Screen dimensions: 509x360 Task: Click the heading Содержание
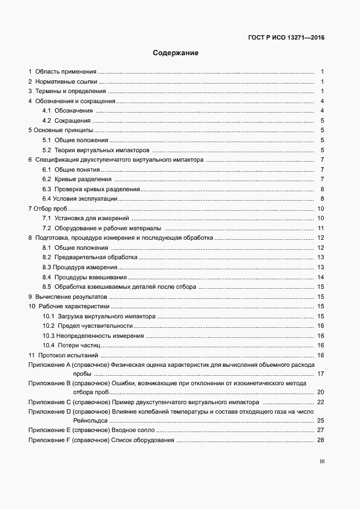point(176,54)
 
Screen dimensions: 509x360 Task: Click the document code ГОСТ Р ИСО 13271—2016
point(286,38)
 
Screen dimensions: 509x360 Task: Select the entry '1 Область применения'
point(63,71)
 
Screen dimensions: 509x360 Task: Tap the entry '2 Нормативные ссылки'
point(62,81)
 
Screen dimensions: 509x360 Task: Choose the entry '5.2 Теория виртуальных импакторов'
point(96,150)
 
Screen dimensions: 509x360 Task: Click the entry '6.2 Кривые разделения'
point(77,179)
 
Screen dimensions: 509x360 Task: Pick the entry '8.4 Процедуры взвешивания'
point(85,277)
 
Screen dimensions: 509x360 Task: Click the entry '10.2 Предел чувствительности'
point(87,326)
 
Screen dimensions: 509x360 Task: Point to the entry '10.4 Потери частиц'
point(71,345)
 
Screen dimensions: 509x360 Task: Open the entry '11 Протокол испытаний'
point(63,355)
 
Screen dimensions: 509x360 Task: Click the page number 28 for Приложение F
point(320,440)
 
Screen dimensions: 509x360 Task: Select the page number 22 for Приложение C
point(320,401)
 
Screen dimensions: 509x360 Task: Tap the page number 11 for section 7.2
point(321,228)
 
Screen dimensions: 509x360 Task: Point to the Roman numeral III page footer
point(322,462)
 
